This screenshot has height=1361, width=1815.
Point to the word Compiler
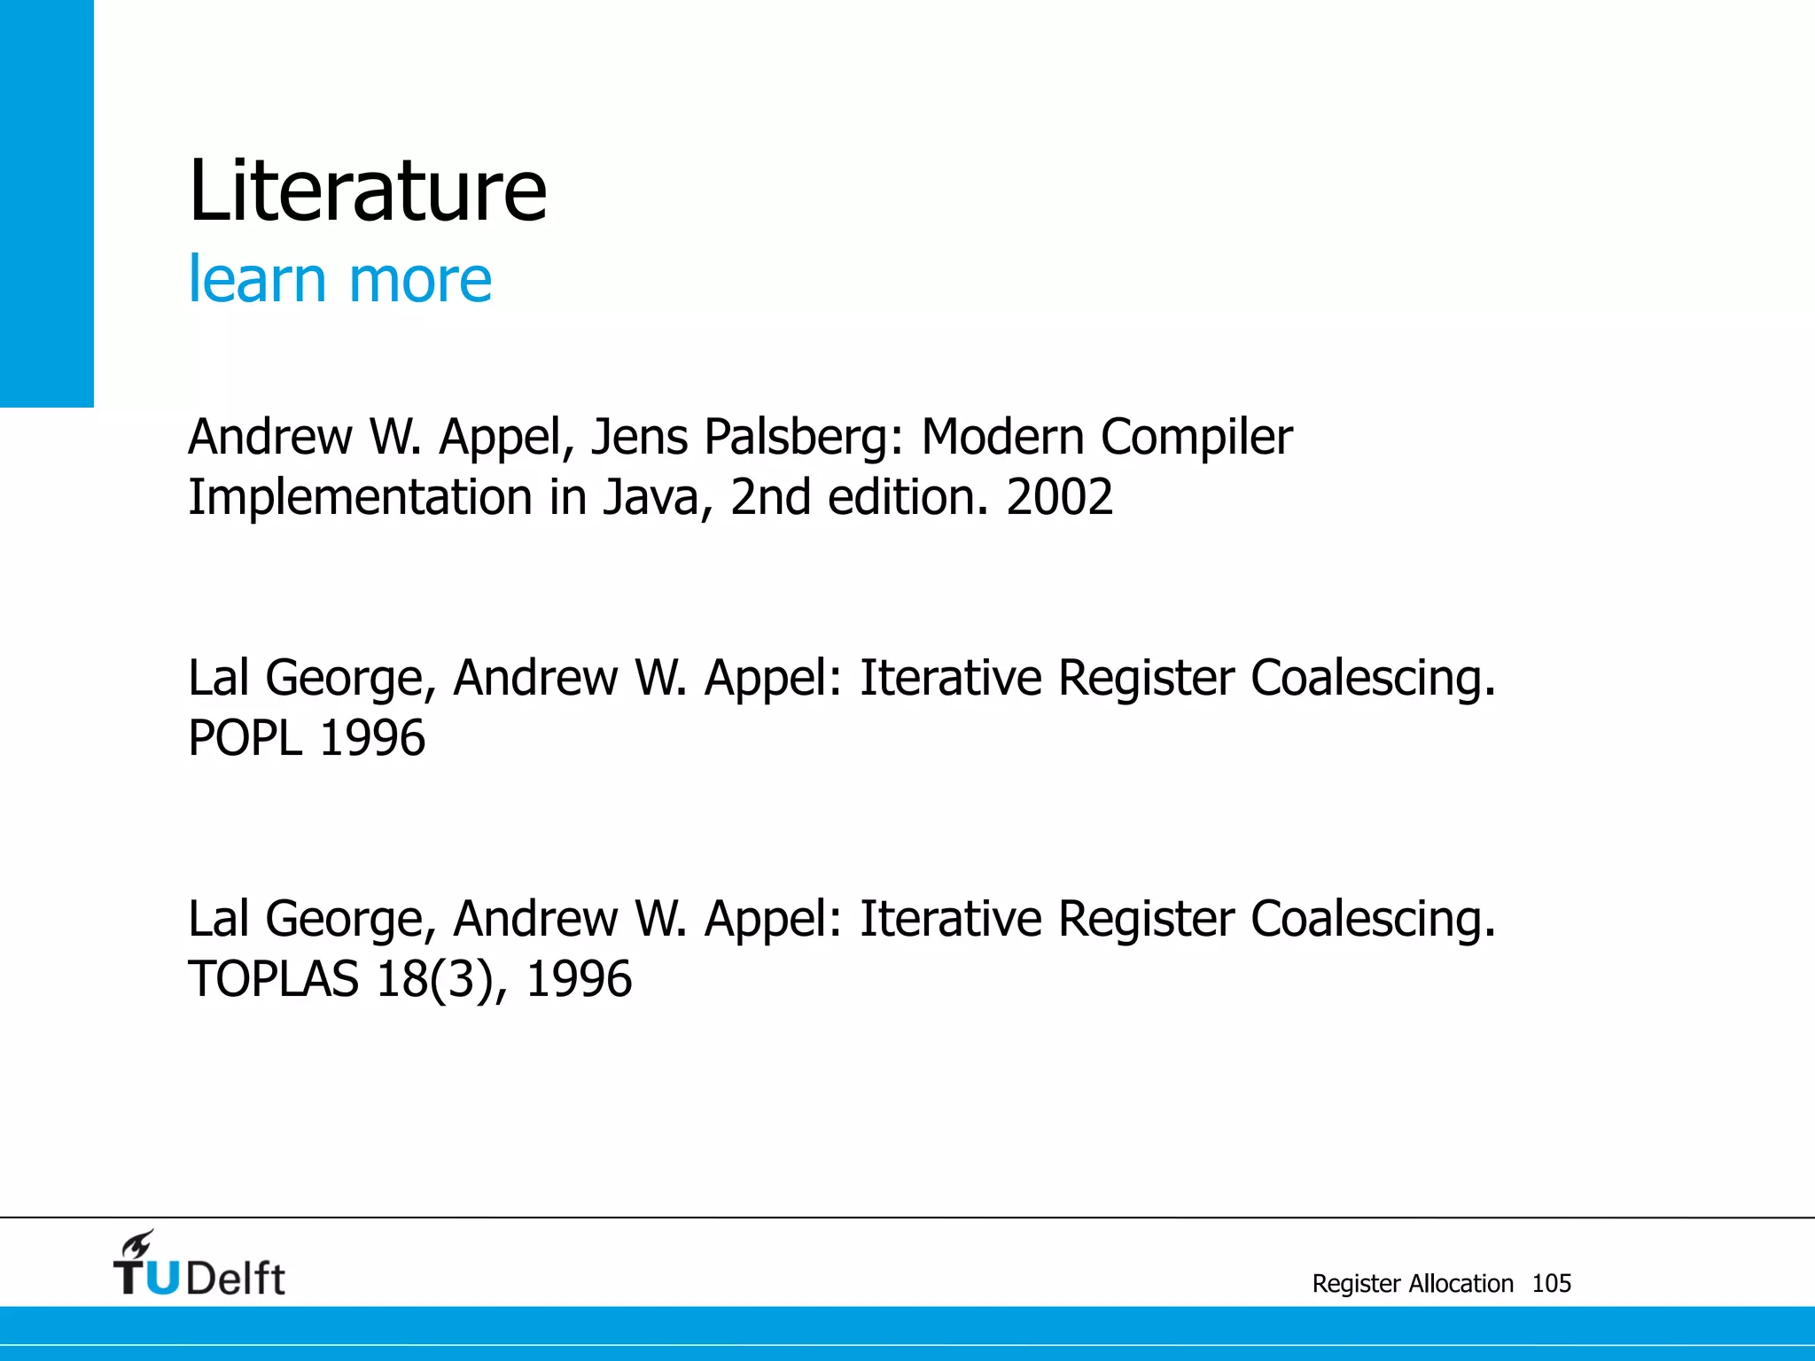coord(1196,438)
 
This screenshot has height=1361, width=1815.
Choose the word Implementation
coord(360,498)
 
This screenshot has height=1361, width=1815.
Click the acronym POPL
coord(245,738)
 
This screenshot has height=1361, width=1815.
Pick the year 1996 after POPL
coord(372,738)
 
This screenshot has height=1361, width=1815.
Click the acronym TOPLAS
coord(273,979)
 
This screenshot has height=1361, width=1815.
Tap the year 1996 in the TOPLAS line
coord(579,979)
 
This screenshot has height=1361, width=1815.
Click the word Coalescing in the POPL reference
coord(1373,679)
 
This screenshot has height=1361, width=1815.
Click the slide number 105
coord(1551,1283)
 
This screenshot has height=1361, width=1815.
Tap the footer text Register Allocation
coord(1413,1283)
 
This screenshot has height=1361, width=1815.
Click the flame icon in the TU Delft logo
coord(137,1244)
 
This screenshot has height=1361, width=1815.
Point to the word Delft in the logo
coord(236,1279)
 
